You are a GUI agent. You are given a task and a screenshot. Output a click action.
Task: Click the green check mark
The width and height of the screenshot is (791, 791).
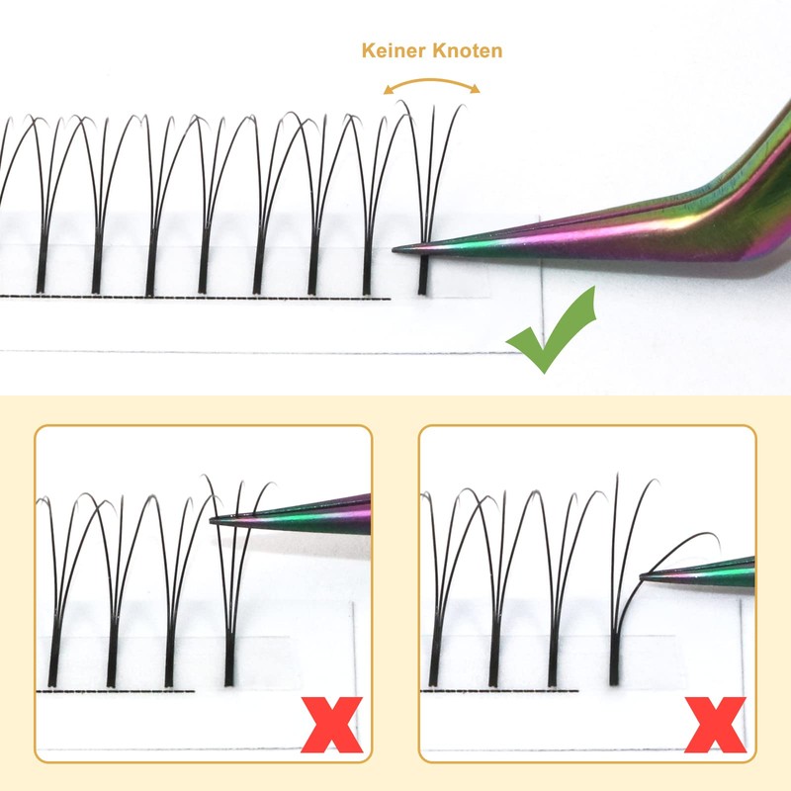554,336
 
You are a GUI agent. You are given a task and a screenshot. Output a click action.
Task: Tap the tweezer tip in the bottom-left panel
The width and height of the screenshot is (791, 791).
217,522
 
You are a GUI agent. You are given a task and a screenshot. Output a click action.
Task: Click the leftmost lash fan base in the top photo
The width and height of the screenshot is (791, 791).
42,269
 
